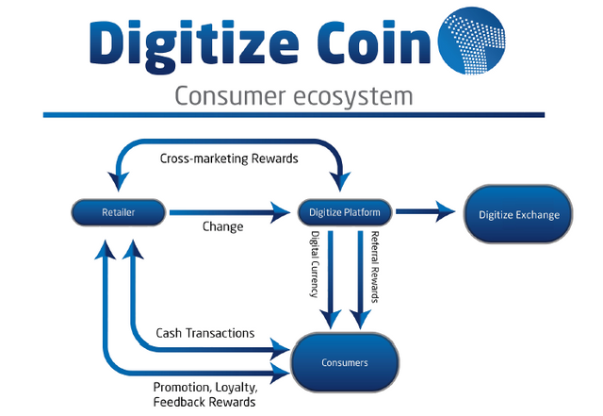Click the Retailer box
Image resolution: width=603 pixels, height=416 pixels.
pos(118,212)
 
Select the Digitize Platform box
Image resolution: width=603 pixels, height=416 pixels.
pos(344,212)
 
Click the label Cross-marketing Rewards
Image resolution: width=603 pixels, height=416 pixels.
pos(229,158)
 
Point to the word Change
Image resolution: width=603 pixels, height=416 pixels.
pos(223,227)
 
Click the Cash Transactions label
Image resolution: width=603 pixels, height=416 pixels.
pos(205,332)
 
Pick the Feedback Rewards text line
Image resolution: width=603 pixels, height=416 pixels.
pos(204,402)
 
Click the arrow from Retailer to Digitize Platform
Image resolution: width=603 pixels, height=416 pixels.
pos(226,212)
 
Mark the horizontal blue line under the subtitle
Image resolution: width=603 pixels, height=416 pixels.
pos(293,115)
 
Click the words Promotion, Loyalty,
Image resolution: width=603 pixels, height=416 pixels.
pos(204,387)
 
